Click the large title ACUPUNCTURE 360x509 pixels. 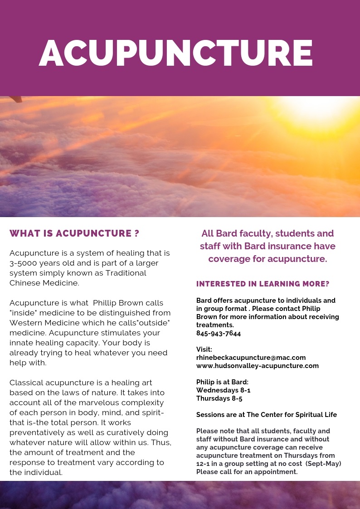click(176, 53)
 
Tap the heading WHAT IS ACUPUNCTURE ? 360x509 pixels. click(74, 233)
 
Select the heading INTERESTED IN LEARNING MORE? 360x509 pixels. click(263, 284)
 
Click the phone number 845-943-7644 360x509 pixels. click(219, 333)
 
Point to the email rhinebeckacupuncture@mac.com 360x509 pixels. click(251, 358)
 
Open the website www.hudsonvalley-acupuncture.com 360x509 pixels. click(257, 366)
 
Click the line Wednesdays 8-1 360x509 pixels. click(223, 390)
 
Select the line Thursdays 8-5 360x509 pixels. click(219, 398)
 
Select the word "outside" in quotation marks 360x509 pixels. click(152, 323)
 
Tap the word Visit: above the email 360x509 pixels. click(204, 349)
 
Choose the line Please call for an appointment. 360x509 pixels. click(247, 472)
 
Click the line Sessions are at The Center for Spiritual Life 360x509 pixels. click(266, 415)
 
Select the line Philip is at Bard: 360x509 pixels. click(222, 382)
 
